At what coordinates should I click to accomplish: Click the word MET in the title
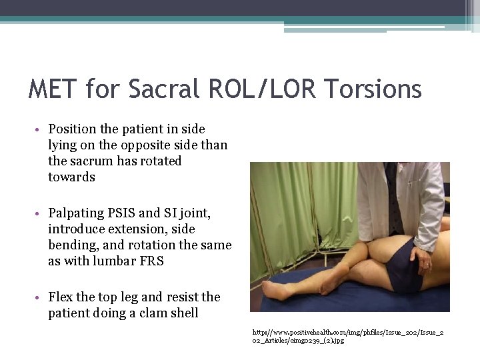point(53,89)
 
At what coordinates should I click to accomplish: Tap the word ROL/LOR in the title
point(262,89)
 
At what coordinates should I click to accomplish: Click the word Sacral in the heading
point(164,89)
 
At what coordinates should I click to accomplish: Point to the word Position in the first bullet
point(72,129)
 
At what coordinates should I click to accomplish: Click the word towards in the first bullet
point(71,177)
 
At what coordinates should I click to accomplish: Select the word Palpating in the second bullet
point(76,213)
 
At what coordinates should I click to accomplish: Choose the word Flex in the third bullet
point(61,297)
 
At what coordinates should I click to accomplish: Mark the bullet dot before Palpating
point(37,213)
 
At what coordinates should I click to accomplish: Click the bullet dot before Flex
point(37,297)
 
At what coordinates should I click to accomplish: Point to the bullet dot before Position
point(37,129)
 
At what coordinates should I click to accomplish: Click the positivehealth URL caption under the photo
point(348,336)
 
